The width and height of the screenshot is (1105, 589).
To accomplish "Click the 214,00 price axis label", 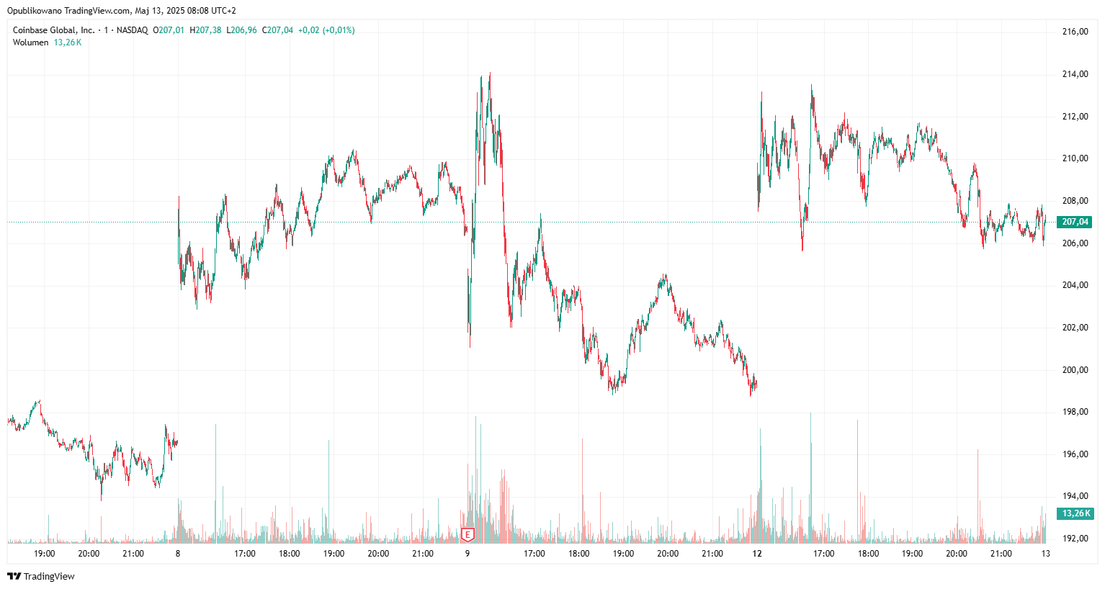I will (x=1075, y=74).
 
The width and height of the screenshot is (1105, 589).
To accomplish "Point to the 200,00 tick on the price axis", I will (x=1075, y=370).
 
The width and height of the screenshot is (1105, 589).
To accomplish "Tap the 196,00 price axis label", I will (x=1075, y=454).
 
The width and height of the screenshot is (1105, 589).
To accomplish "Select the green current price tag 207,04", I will (x=1075, y=222).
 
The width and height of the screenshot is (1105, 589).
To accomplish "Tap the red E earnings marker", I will (x=468, y=535).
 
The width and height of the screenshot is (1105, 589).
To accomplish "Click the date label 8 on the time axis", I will (x=178, y=554).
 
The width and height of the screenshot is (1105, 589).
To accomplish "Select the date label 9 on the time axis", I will (x=467, y=554).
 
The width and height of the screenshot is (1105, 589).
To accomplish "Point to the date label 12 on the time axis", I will (x=756, y=554).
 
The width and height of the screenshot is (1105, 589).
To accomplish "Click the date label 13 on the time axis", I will (x=1045, y=554).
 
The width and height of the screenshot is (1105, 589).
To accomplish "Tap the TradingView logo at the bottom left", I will (x=41, y=576).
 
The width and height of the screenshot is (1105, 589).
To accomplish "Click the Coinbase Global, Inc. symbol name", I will (x=53, y=30).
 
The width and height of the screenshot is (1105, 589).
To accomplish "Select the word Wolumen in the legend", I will (x=30, y=42).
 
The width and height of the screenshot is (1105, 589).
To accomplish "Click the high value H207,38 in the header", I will (x=205, y=30).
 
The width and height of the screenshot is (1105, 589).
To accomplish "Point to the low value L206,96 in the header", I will (x=241, y=30).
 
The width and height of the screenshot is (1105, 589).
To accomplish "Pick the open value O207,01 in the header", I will (x=169, y=30).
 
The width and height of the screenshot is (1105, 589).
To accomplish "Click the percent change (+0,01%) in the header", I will (x=339, y=30).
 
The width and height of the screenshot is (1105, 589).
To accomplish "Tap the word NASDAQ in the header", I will (x=132, y=30).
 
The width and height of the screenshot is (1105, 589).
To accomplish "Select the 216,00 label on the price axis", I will (x=1075, y=32).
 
